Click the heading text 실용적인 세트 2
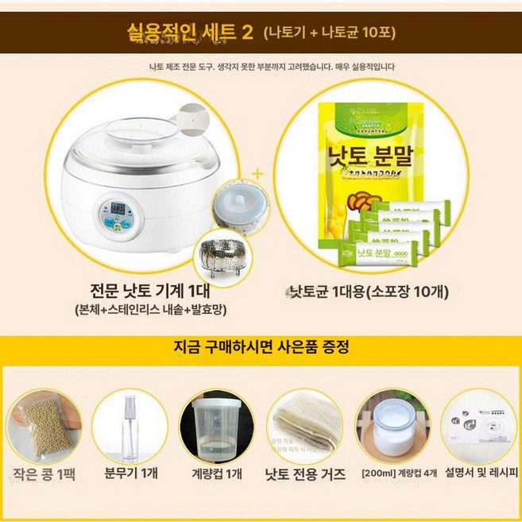(191, 32)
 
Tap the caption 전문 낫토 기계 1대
(141, 288)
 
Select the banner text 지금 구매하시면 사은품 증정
(261, 348)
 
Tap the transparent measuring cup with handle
(211, 426)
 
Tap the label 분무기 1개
(127, 473)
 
